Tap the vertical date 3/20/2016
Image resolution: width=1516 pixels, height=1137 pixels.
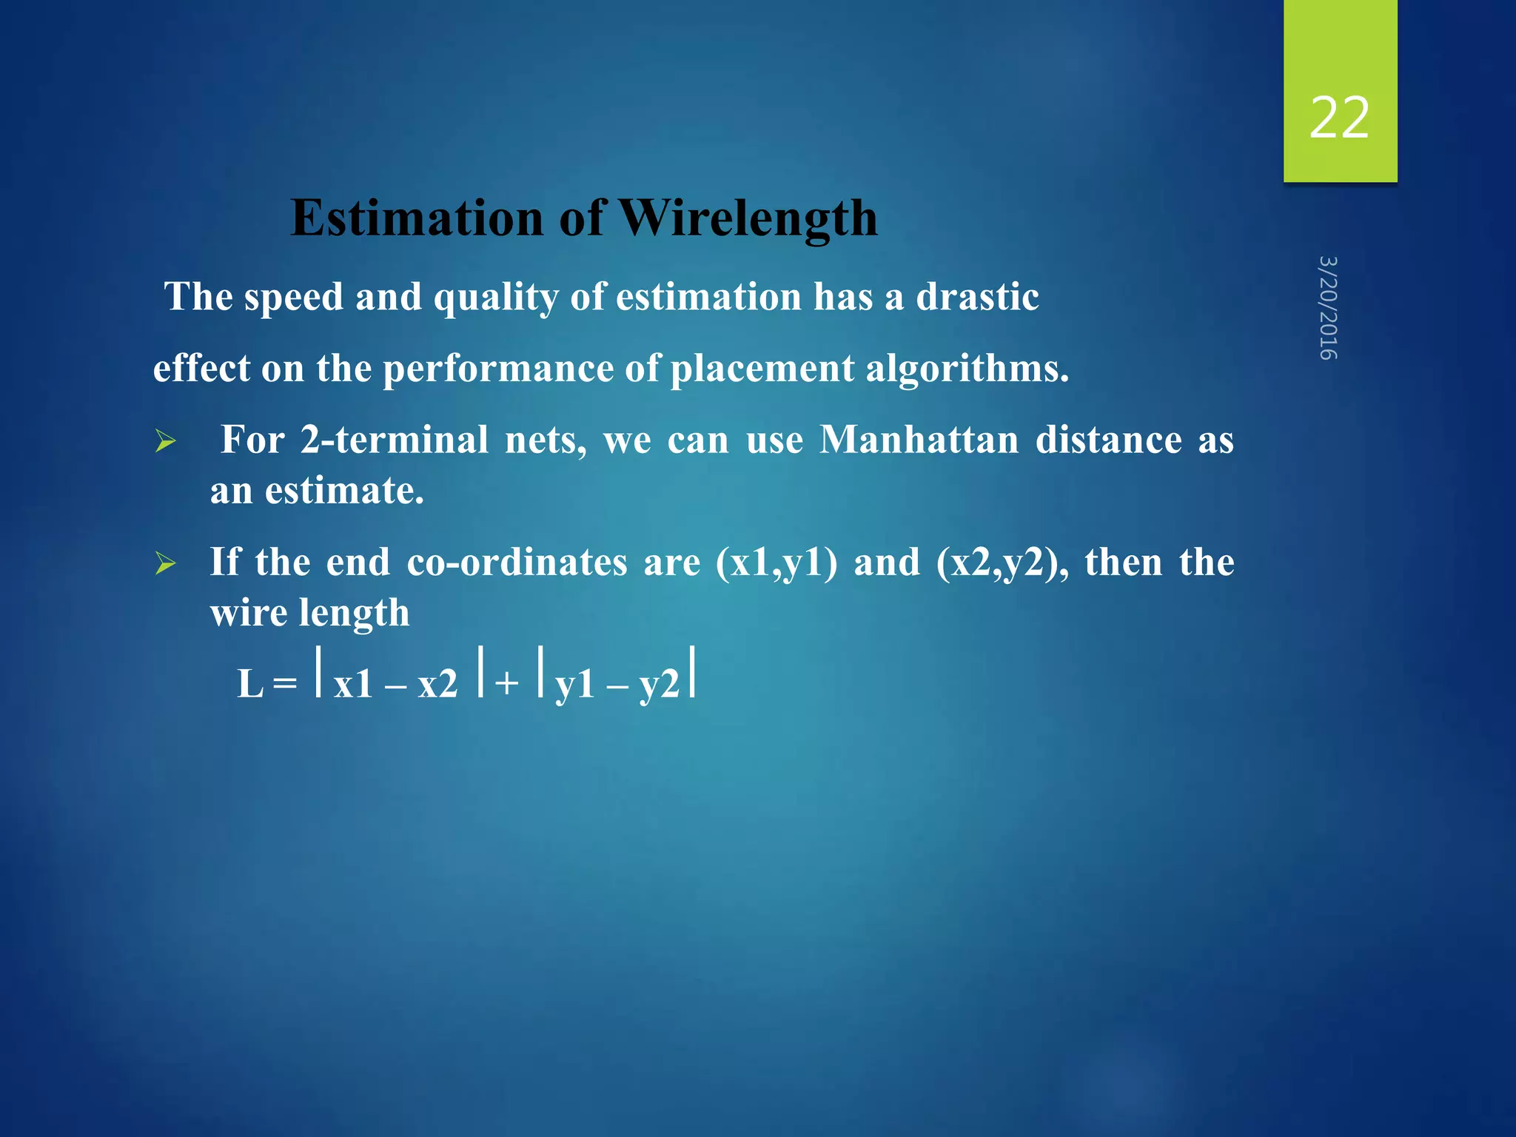(1329, 308)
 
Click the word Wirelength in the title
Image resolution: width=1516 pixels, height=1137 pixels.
(748, 218)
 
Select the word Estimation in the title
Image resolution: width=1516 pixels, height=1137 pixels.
(417, 218)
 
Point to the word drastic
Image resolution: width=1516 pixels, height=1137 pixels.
(977, 297)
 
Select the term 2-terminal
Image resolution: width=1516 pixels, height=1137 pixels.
(394, 440)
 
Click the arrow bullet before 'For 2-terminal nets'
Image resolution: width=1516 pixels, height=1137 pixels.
(166, 443)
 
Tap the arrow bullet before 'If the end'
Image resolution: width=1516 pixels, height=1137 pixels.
(166, 565)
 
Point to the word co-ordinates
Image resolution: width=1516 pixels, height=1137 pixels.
(516, 562)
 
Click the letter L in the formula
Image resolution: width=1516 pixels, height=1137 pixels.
(250, 683)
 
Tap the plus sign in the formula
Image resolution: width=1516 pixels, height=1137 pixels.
(507, 683)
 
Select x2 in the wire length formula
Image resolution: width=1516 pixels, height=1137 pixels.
(437, 683)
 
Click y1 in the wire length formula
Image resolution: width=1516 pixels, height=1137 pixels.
(575, 685)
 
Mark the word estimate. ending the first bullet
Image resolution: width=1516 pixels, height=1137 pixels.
(344, 491)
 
